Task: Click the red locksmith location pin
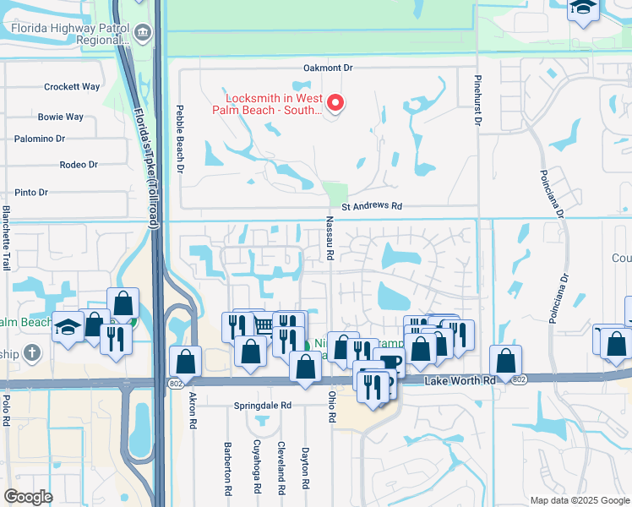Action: coord(335,104)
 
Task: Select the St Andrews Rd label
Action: coord(372,206)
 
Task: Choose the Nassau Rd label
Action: coord(330,237)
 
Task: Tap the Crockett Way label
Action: coord(72,86)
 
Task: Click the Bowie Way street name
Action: coord(60,117)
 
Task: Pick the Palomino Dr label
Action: coord(63,139)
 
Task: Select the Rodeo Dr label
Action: coord(79,165)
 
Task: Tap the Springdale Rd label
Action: coord(262,406)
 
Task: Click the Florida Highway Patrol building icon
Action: coord(143,34)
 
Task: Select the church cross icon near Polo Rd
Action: coord(32,352)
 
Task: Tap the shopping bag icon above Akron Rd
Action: coord(185,363)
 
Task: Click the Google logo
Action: coord(28,497)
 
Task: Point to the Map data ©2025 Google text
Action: coord(579,500)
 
